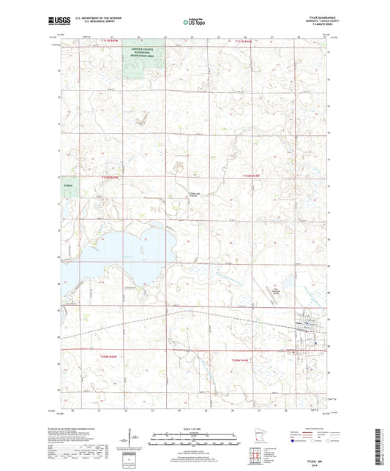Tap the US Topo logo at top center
click(x=195, y=23)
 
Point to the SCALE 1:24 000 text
click(x=194, y=427)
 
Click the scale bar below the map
click(x=194, y=440)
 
